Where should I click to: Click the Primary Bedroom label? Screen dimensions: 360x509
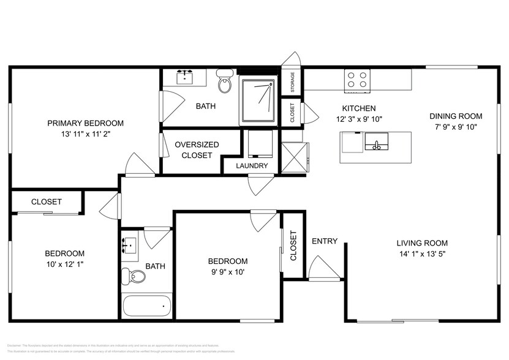[86, 123]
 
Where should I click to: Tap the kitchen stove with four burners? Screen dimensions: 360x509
[358, 80]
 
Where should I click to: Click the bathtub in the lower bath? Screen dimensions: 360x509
[147, 306]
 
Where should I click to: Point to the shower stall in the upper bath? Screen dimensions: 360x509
[258, 100]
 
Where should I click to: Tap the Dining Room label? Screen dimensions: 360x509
[455, 116]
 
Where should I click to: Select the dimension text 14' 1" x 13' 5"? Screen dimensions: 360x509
[421, 253]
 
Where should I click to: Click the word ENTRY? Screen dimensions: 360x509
[325, 241]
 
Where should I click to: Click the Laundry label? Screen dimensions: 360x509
[252, 166]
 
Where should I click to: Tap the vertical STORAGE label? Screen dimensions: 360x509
[293, 82]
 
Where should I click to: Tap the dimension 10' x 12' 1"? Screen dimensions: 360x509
[64, 264]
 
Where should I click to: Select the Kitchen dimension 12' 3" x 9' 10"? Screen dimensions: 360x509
[359, 119]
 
